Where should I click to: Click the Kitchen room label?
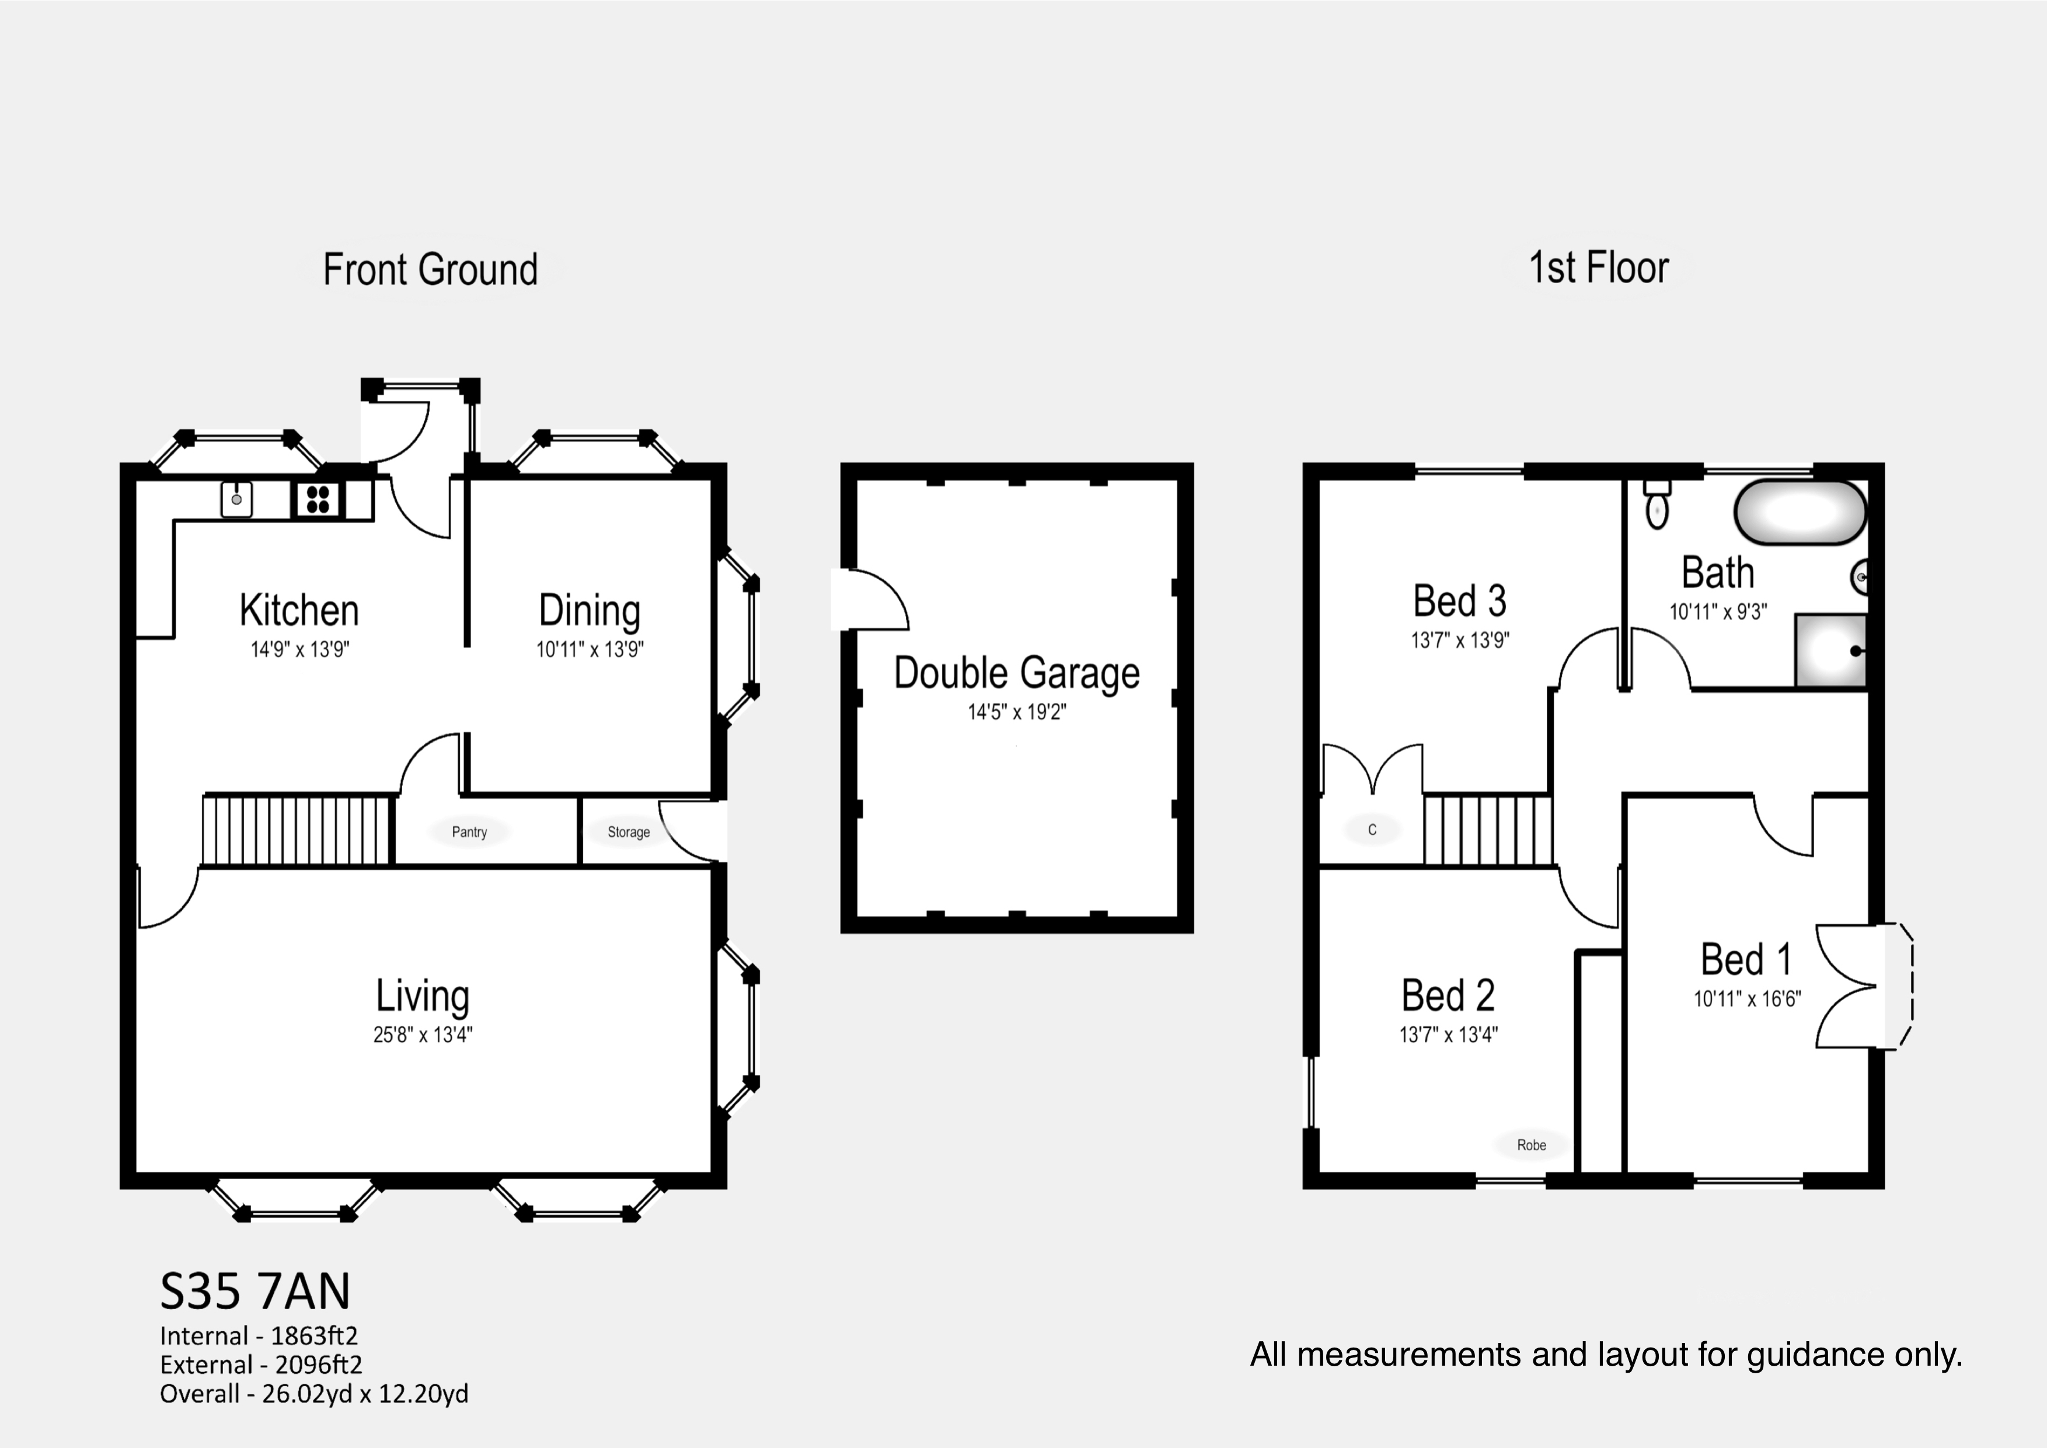(299, 611)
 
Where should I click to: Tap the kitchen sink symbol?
(236, 500)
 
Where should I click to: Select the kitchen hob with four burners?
(318, 500)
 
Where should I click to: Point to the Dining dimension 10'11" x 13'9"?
(590, 650)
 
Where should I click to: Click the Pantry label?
(469, 832)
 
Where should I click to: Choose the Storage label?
(629, 832)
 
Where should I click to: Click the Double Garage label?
(1016, 673)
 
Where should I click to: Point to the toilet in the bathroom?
(1657, 506)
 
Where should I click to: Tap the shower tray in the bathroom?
(1829, 651)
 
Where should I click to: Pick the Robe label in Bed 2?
(1531, 1145)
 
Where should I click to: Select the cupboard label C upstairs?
(1372, 830)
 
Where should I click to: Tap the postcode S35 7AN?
(255, 1290)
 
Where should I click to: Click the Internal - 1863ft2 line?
(259, 1336)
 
